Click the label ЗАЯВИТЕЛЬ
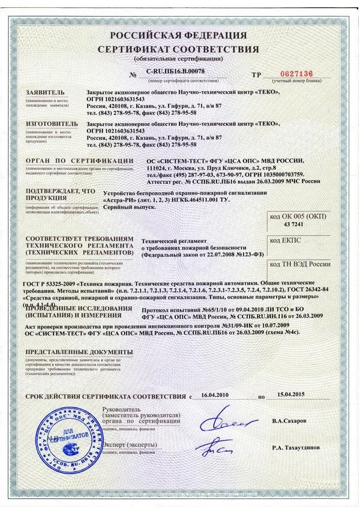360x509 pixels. tap(44, 91)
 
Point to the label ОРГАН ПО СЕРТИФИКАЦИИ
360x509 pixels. tap(79, 161)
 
